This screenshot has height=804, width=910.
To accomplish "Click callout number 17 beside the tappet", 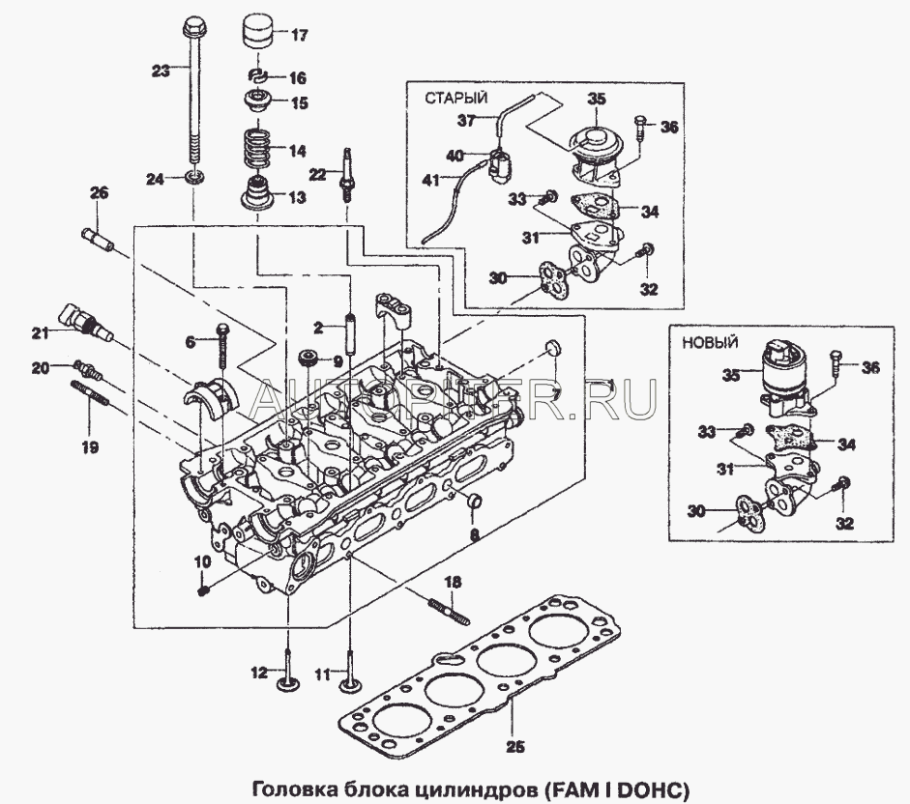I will click(298, 36).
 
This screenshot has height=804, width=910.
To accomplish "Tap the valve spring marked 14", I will click(257, 150).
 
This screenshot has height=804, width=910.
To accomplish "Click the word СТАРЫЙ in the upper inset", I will click(455, 98).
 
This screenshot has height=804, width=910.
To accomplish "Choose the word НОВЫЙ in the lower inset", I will click(710, 342).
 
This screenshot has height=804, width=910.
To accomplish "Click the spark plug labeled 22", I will click(344, 173).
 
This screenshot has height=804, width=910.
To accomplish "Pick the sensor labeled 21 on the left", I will click(82, 323).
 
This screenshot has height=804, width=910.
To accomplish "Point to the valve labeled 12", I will click(286, 672).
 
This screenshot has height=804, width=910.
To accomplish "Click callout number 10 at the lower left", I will click(202, 560).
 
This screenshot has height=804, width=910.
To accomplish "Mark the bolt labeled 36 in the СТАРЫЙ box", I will click(641, 128).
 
